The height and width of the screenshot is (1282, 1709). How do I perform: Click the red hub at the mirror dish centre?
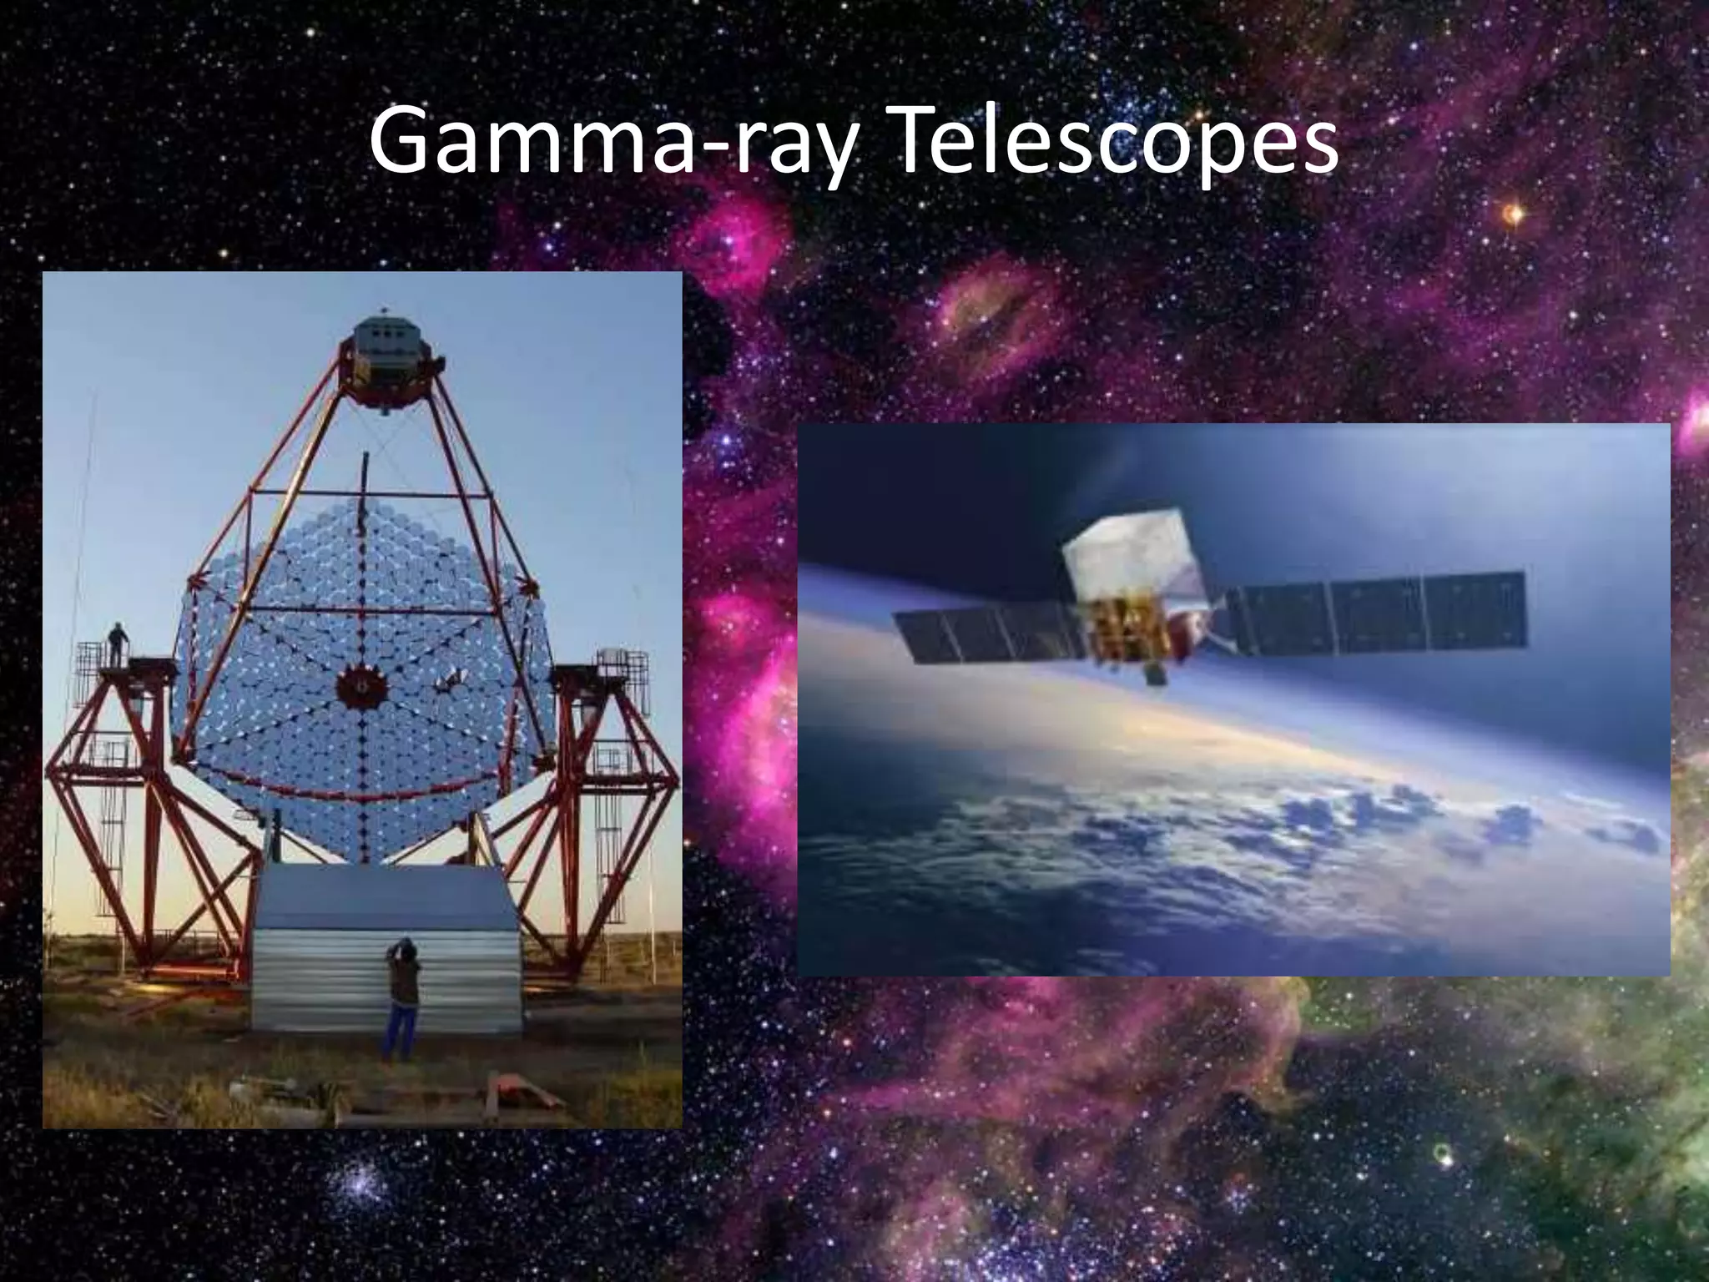(x=362, y=687)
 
